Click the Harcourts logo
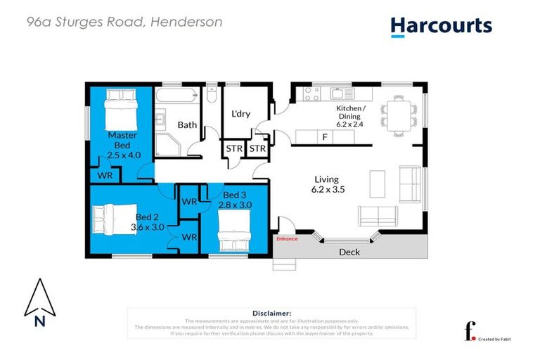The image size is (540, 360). coord(441,26)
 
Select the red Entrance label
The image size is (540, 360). coord(287,239)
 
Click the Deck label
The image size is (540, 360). coord(349,252)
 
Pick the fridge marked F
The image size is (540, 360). coord(324,137)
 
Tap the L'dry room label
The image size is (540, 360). coord(241,115)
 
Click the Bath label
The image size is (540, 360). coord(187,125)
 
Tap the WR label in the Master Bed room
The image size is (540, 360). coord(105,174)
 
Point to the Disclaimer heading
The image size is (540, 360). coord(271,313)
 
